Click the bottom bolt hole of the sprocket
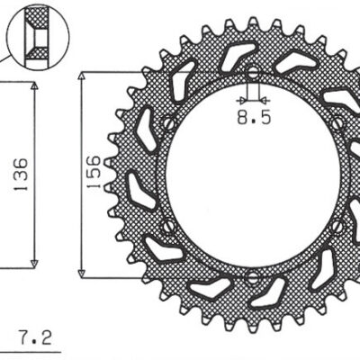click(252, 274)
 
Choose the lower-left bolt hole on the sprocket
click(169, 226)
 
